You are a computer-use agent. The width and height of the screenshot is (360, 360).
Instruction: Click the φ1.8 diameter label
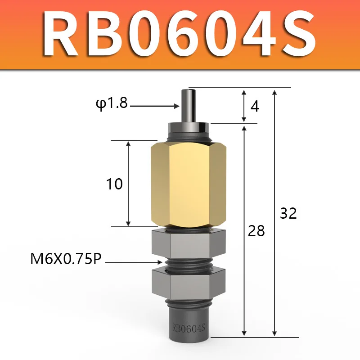[112, 103]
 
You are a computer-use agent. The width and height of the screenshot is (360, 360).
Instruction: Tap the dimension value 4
[255, 106]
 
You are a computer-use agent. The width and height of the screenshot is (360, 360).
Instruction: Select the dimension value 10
[114, 184]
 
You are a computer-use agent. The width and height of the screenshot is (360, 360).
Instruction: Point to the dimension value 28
[256, 231]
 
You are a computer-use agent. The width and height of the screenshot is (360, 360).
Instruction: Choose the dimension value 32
[288, 213]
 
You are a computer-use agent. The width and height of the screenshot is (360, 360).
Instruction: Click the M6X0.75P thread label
[66, 259]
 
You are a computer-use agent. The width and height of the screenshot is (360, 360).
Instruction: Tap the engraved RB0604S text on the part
[188, 328]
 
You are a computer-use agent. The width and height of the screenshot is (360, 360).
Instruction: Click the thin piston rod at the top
[189, 106]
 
